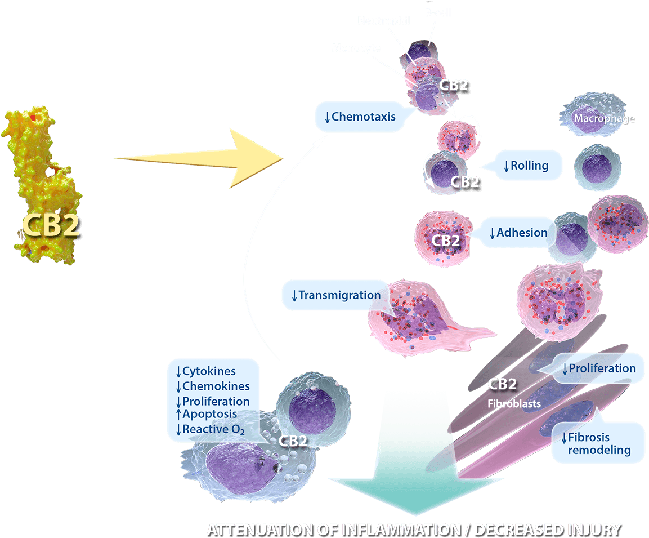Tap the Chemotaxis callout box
tap(360, 117)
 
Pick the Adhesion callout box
tap(517, 232)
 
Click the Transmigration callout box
tap(335, 295)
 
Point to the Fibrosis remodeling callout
tap(598, 443)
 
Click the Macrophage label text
tap(604, 118)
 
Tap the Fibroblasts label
tap(514, 403)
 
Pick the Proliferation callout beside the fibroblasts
tap(599, 368)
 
